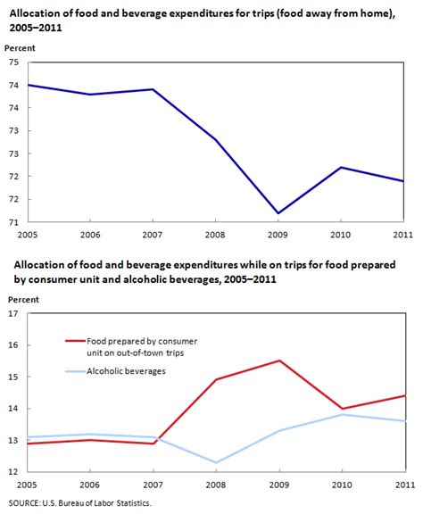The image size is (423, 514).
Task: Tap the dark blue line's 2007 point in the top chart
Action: click(x=153, y=89)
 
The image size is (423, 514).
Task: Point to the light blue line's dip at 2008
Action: click(x=216, y=462)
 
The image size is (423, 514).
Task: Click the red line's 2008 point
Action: click(x=216, y=379)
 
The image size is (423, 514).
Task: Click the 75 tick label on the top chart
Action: click(x=14, y=62)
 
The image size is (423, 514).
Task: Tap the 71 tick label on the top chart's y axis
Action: click(x=14, y=222)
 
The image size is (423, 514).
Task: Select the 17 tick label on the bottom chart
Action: click(x=14, y=314)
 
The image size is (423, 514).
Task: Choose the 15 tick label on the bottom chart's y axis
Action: click(x=14, y=377)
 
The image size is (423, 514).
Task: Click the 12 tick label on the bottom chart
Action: click(x=14, y=471)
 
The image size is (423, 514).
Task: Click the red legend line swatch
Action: click(x=74, y=340)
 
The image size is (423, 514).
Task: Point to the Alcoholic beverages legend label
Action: click(x=127, y=371)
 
